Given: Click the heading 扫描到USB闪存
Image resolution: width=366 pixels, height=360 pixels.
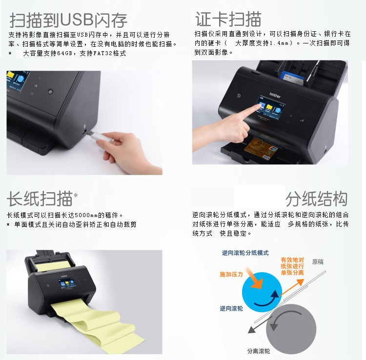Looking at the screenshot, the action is [68, 20].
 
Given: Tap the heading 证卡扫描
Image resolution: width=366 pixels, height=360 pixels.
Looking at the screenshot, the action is [228, 19].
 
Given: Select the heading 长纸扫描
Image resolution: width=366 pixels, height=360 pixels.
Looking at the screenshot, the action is [40, 199].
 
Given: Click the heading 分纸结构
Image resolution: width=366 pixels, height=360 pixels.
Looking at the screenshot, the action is [317, 199].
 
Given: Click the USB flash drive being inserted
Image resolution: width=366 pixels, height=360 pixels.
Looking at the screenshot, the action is [101, 137].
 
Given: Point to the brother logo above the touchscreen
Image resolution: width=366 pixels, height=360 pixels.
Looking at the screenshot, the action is [275, 95].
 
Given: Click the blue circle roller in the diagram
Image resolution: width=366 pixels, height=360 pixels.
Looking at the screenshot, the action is [262, 292].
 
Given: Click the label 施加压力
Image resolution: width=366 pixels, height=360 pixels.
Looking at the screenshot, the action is [231, 274].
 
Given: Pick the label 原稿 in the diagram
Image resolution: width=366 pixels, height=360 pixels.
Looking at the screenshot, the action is [318, 262].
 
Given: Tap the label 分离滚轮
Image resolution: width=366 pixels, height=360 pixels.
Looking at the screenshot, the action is [259, 351].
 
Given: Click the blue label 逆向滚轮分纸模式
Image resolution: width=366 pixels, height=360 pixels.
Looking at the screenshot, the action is [245, 253].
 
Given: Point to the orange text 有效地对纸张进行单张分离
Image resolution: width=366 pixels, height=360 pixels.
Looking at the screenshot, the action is [292, 266].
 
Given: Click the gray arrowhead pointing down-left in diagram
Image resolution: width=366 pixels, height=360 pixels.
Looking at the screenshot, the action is [251, 329].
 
